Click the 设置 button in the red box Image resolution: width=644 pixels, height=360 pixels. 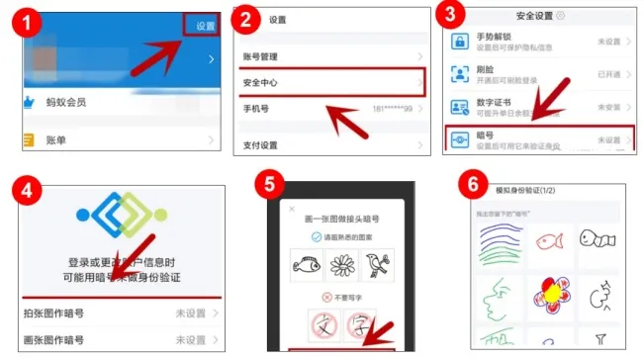click(x=205, y=26)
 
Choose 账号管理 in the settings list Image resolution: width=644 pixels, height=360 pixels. click(x=263, y=58)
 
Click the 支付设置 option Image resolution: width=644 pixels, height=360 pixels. click(x=262, y=144)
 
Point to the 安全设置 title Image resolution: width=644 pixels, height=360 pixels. click(x=535, y=15)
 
